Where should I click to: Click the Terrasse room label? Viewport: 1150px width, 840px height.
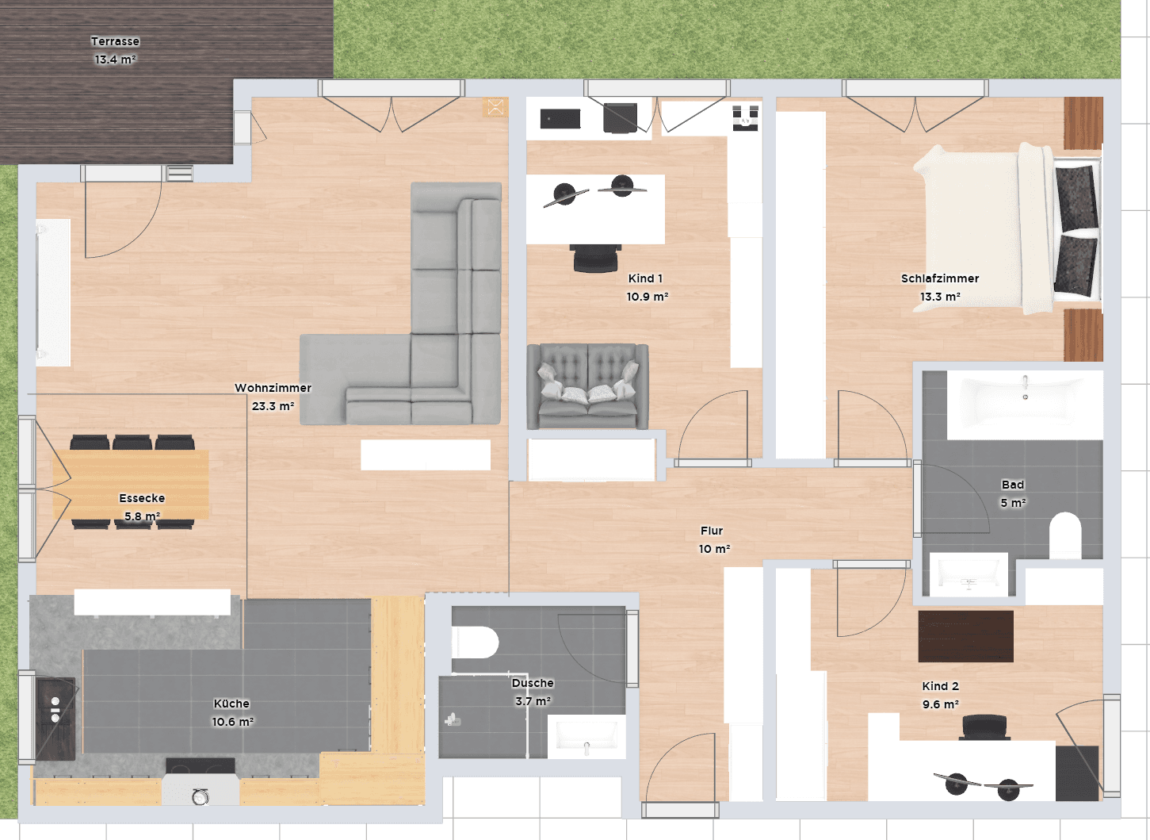[x=115, y=41]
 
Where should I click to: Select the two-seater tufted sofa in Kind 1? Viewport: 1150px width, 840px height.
[x=587, y=386]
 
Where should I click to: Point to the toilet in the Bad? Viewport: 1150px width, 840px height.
[x=1065, y=536]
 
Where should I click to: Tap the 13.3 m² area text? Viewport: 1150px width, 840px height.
[x=940, y=297]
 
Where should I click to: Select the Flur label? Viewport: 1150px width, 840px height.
[x=712, y=531]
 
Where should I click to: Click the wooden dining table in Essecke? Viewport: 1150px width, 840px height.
[x=132, y=485]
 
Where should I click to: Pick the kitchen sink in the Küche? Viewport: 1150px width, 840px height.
[x=55, y=710]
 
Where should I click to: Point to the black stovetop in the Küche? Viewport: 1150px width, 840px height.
[x=200, y=766]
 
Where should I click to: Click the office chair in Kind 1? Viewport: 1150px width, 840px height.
[x=594, y=258]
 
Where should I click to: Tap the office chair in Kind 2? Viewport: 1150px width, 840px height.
[x=985, y=727]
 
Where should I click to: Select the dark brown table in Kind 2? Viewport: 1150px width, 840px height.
[x=965, y=636]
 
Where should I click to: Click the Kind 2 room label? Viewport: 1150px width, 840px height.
[x=940, y=686]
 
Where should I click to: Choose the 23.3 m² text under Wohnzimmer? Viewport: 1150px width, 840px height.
[x=273, y=406]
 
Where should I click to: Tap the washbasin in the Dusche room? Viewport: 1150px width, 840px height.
[x=586, y=737]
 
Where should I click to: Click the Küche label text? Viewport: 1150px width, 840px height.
[x=231, y=704]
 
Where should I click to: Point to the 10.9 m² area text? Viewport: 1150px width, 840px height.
[x=647, y=297]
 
